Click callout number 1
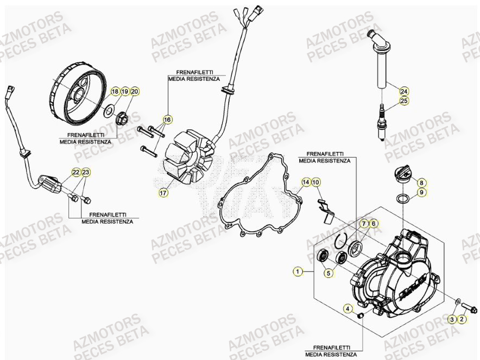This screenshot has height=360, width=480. [x=297, y=270]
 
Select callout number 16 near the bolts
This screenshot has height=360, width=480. [x=167, y=119]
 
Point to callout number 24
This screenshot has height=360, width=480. [x=403, y=91]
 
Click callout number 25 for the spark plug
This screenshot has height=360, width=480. [x=403, y=100]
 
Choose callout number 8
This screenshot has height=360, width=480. [x=422, y=183]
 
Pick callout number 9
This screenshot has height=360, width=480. [x=422, y=192]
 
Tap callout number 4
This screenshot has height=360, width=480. [x=348, y=309]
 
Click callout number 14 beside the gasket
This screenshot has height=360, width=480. [x=306, y=182]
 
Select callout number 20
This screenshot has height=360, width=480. [x=134, y=91]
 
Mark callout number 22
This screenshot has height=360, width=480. [x=76, y=172]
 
